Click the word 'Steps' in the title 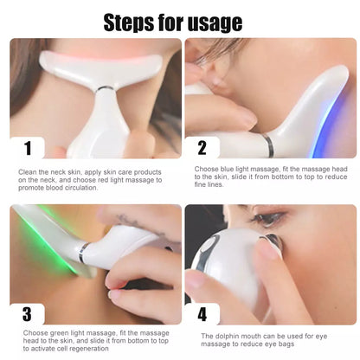pos(129,22)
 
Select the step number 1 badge pos(28,148)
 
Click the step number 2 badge pos(202,148)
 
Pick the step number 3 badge pos(27,314)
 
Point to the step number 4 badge pos(202,314)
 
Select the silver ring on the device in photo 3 pos(83,252)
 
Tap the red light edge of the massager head pos(98,58)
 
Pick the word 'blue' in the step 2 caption pos(227,169)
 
